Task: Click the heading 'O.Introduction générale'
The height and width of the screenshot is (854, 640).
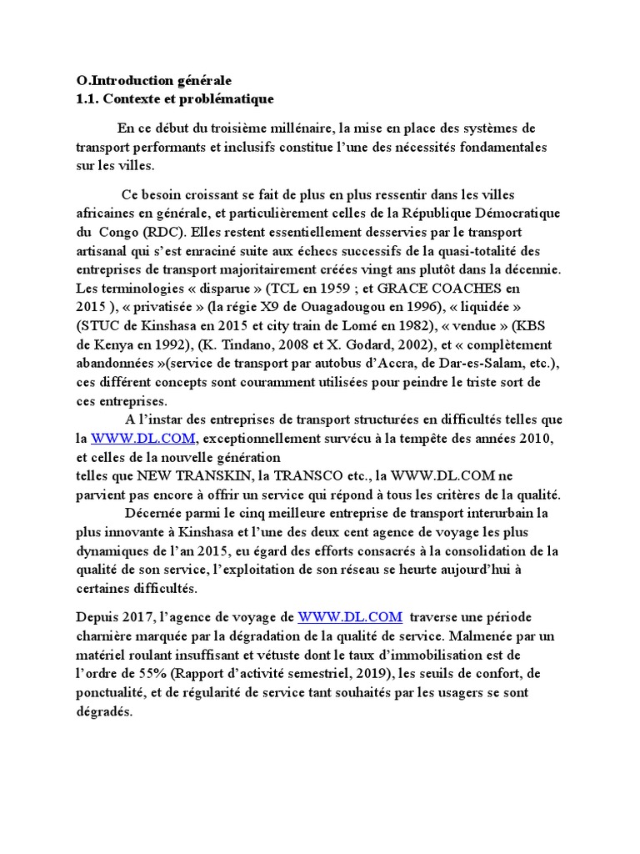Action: (x=153, y=81)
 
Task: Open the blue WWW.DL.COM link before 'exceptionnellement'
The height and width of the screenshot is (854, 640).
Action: (x=142, y=438)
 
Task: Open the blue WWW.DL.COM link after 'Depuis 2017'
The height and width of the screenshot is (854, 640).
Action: (x=350, y=617)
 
